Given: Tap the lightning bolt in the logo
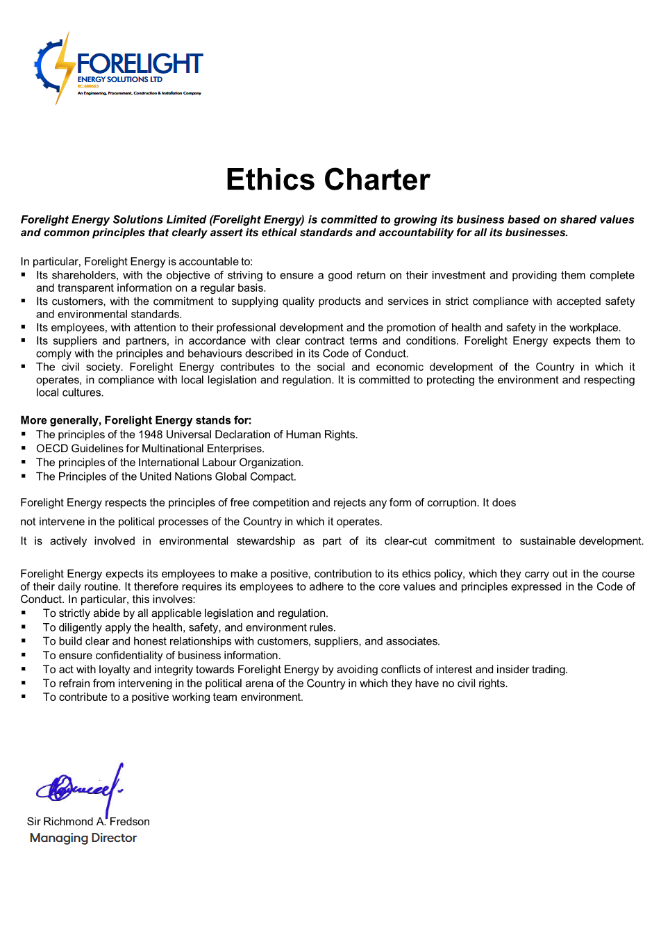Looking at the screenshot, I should click(x=64, y=67).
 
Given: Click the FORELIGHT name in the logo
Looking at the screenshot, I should click(x=140, y=64).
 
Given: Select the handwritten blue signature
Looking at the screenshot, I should click(x=80, y=787).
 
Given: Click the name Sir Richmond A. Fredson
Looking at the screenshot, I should click(x=88, y=822).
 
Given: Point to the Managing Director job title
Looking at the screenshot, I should click(x=83, y=838).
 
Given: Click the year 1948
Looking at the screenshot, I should click(x=151, y=435).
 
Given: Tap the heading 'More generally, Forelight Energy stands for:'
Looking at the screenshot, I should click(x=136, y=420).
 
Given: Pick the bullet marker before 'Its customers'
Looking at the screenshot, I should click(x=24, y=301).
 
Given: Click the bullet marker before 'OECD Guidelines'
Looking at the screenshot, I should click(x=24, y=449).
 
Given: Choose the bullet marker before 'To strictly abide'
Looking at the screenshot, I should click(x=24, y=613).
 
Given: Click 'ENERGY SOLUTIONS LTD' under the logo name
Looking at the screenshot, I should click(x=119, y=79).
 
